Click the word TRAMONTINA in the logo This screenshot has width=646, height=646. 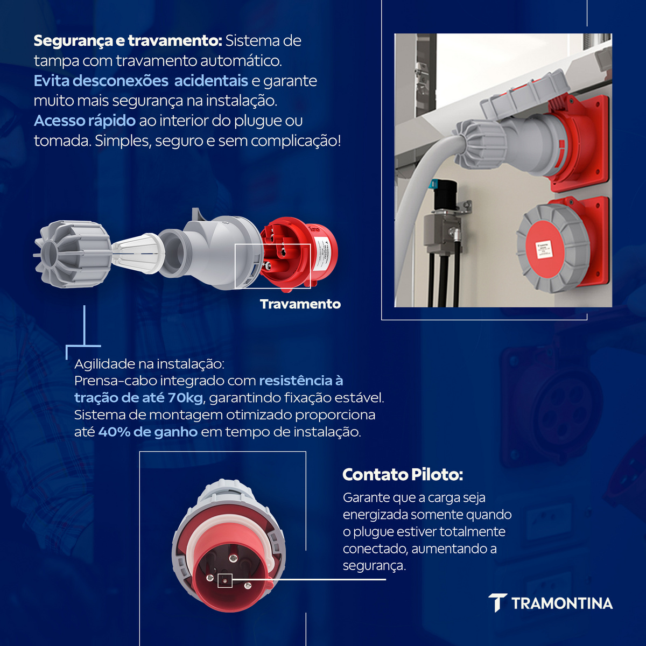click(562, 603)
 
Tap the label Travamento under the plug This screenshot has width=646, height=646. click(300, 304)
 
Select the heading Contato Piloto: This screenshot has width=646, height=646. click(403, 475)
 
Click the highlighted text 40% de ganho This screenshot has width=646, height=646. click(148, 432)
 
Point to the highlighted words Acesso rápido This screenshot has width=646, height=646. click(85, 121)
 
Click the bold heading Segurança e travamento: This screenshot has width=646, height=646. click(128, 41)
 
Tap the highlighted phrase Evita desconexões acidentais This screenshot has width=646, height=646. click(141, 81)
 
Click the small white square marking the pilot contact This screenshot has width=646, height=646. click(225, 580)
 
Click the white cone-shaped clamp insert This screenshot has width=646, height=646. click(138, 254)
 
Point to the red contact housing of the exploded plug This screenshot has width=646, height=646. click(299, 252)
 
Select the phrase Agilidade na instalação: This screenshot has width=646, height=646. click(149, 364)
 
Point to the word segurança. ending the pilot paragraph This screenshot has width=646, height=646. click(374, 566)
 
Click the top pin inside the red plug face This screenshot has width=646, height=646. click(233, 557)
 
